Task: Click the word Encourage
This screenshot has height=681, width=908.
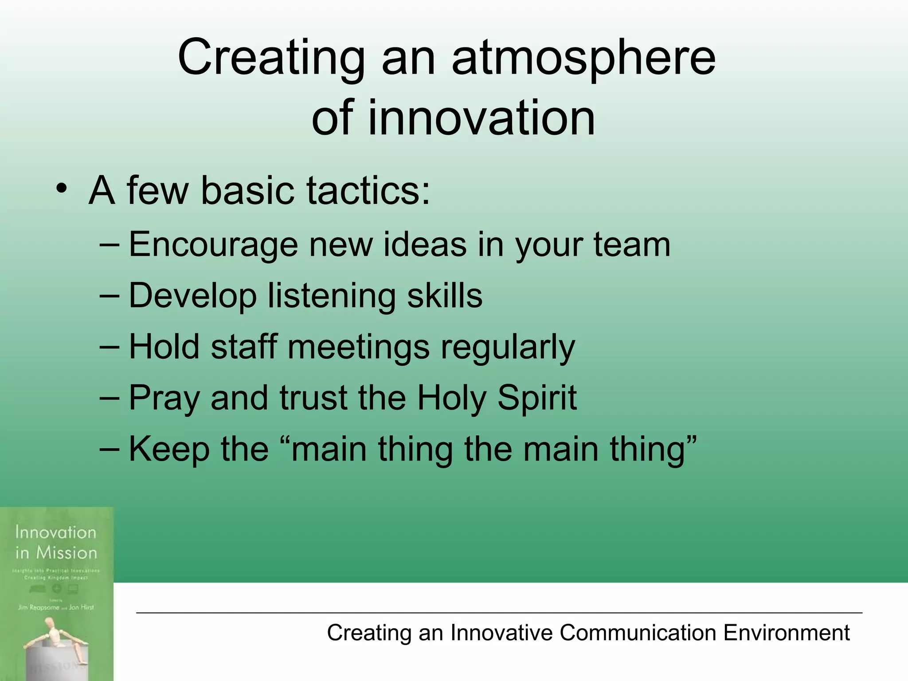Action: [213, 245]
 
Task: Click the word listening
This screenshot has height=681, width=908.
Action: [331, 296]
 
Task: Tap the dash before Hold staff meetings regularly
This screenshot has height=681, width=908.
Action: [110, 347]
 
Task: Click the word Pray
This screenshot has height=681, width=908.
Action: [164, 399]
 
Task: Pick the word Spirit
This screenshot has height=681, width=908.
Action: [537, 398]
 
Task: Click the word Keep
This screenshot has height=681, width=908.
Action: [169, 450]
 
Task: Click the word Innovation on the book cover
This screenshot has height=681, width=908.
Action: [55, 532]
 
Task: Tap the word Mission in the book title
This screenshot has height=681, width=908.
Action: [67, 553]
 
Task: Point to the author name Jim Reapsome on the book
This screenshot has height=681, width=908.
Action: [38, 607]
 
